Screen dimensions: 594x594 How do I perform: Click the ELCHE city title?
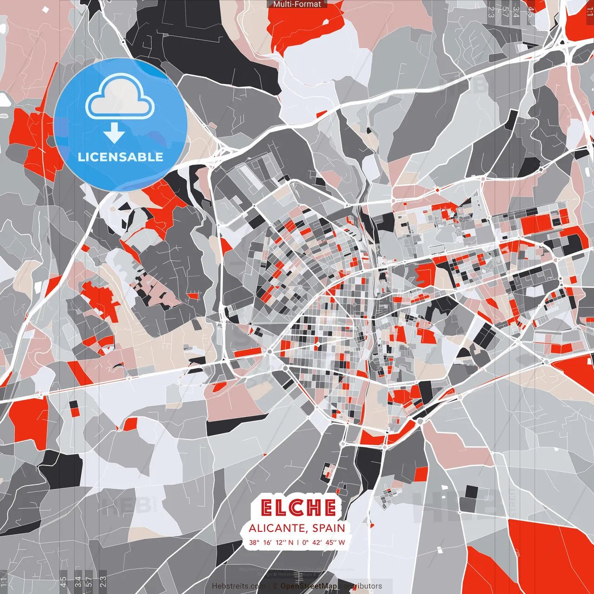click(298, 508)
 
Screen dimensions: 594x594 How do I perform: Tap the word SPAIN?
click(329, 528)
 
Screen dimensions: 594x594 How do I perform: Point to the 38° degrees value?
click(254, 542)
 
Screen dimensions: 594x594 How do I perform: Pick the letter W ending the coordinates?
click(342, 542)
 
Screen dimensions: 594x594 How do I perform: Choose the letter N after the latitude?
click(291, 542)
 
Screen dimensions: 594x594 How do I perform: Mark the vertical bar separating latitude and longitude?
click(297, 542)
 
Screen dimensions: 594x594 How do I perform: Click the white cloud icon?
click(120, 100)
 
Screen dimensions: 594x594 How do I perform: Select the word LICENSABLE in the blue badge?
click(121, 157)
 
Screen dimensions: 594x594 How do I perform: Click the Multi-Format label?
click(297, 4)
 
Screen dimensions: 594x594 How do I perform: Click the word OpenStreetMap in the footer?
click(309, 586)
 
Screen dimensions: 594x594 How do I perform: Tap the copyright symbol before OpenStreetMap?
click(275, 586)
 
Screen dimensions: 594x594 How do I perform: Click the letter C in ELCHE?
click(298, 508)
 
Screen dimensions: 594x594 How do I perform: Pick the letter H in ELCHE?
click(313, 508)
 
